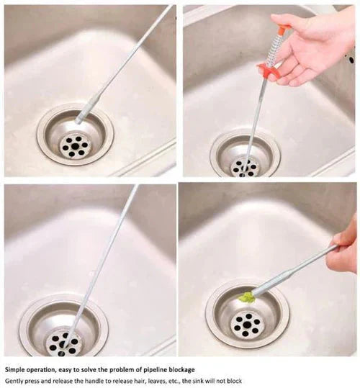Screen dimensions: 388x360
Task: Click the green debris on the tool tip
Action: pyautogui.click(x=248, y=297)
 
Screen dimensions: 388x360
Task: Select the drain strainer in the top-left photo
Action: pyautogui.click(x=74, y=142)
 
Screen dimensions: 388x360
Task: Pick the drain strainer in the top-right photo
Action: pyautogui.click(x=244, y=158)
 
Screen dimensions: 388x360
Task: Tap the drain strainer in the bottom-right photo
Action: pyautogui.click(x=247, y=322)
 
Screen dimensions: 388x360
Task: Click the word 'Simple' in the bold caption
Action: pyautogui.click(x=17, y=369)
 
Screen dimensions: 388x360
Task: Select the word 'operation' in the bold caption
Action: pyautogui.click(x=52, y=369)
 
